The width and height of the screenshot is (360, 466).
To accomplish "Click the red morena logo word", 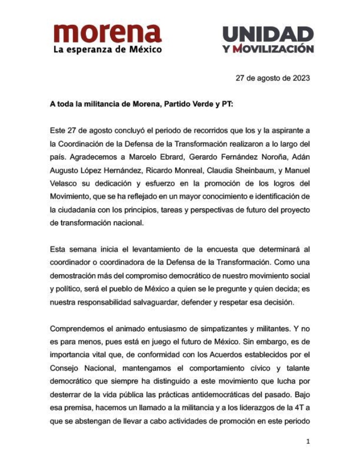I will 107,34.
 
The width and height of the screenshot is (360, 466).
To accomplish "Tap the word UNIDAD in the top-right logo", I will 268,34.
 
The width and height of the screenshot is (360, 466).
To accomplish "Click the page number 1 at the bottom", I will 308,441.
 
